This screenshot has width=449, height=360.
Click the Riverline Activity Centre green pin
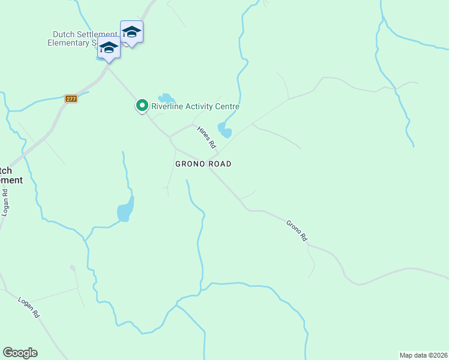[x=142, y=106]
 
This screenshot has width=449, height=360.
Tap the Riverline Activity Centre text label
[x=195, y=107]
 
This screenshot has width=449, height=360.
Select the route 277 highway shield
[x=71, y=98]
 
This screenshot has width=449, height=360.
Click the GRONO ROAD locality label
[x=203, y=164]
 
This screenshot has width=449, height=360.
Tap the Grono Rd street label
[x=297, y=231]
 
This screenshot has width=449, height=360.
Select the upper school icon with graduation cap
[x=131, y=32]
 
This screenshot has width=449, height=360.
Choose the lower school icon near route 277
[x=109, y=47]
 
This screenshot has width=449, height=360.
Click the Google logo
[x=20, y=353]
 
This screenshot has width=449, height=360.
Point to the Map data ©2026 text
[x=423, y=355]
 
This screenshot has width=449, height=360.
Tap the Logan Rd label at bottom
[x=28, y=307]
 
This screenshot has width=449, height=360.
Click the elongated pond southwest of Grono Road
[x=125, y=209]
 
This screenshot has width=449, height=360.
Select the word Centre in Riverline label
[x=228, y=107]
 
